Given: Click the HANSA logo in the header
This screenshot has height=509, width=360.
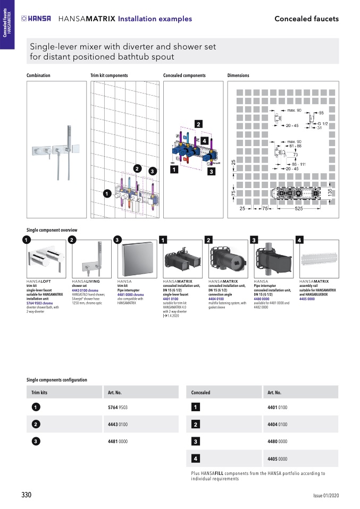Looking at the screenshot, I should point(36,19).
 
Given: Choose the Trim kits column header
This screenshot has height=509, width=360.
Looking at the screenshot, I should point(40,393).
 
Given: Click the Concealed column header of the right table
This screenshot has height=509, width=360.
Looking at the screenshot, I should point(201,393).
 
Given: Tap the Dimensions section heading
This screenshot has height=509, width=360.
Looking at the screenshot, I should point(238,75).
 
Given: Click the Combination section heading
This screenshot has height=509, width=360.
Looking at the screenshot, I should point(38,75).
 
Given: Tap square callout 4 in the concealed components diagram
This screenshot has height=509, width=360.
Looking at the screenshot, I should point(204,141).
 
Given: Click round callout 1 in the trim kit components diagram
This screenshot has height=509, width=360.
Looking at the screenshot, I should point(107,194).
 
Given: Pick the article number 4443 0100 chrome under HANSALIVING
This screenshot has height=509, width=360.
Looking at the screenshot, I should point(85,291).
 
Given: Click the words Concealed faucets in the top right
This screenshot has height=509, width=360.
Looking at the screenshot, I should point(306,19).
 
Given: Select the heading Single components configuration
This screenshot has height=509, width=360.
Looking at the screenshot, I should point(57,380).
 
